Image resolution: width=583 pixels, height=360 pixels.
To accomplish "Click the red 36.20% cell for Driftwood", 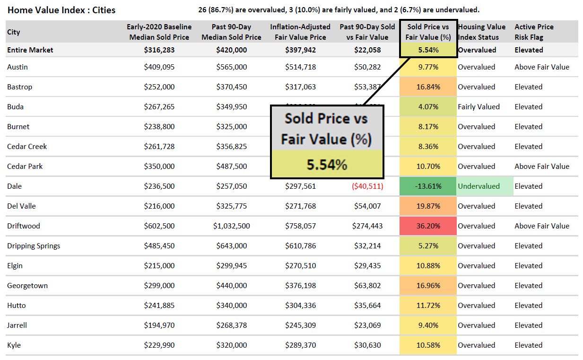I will [x=428, y=226].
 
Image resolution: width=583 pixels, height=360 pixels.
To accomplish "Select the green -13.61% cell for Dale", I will [x=428, y=186].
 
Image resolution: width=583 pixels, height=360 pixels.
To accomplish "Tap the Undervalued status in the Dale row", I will [x=479, y=186].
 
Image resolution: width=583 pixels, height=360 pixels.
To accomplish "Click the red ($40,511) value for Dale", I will [x=367, y=186].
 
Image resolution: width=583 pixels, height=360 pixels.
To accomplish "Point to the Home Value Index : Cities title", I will [x=61, y=10].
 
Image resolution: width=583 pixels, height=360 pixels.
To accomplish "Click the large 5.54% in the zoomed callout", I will [x=327, y=164].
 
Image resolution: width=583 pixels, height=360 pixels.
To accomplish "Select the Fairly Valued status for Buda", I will [x=479, y=107].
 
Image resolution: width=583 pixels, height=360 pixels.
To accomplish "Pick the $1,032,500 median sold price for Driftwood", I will [x=231, y=226].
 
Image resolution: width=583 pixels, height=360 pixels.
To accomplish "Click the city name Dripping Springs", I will [x=34, y=246].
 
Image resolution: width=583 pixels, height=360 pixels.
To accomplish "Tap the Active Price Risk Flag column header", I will [x=534, y=32].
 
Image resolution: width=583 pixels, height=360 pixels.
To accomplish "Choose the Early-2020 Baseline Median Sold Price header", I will [x=159, y=32].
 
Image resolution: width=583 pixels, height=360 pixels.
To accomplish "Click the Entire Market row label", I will [x=30, y=50].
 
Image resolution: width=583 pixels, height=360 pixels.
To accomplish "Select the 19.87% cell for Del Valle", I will [x=428, y=206].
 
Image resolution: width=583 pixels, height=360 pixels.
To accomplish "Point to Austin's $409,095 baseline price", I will [x=159, y=67].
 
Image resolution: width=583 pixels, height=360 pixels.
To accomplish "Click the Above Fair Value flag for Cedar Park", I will [x=542, y=167].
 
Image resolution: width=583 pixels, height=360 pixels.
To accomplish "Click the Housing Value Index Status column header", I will [x=481, y=32].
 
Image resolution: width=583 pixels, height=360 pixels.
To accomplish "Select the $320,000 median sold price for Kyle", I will [x=231, y=345].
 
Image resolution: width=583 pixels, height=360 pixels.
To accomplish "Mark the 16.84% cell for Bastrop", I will [x=428, y=87].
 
